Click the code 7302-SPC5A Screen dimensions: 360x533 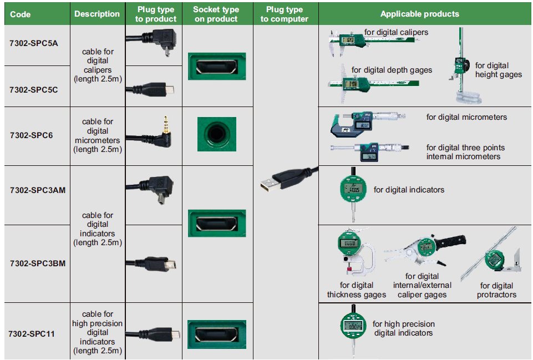tap(34, 43)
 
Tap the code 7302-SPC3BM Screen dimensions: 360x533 tap(37, 263)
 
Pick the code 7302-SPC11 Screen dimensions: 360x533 tap(34, 334)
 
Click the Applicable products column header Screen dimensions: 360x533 tap(420, 14)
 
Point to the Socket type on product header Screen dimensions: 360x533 tap(216, 14)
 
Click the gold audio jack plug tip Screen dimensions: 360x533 tap(165, 123)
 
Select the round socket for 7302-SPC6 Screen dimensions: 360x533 tap(216, 134)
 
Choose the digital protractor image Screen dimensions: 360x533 tap(495, 258)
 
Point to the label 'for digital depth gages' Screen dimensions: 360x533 tap(392, 70)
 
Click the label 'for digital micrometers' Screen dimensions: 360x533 tap(466, 117)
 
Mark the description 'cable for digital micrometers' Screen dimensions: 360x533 tap(98, 135)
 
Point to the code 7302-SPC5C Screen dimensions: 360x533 tap(34, 89)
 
